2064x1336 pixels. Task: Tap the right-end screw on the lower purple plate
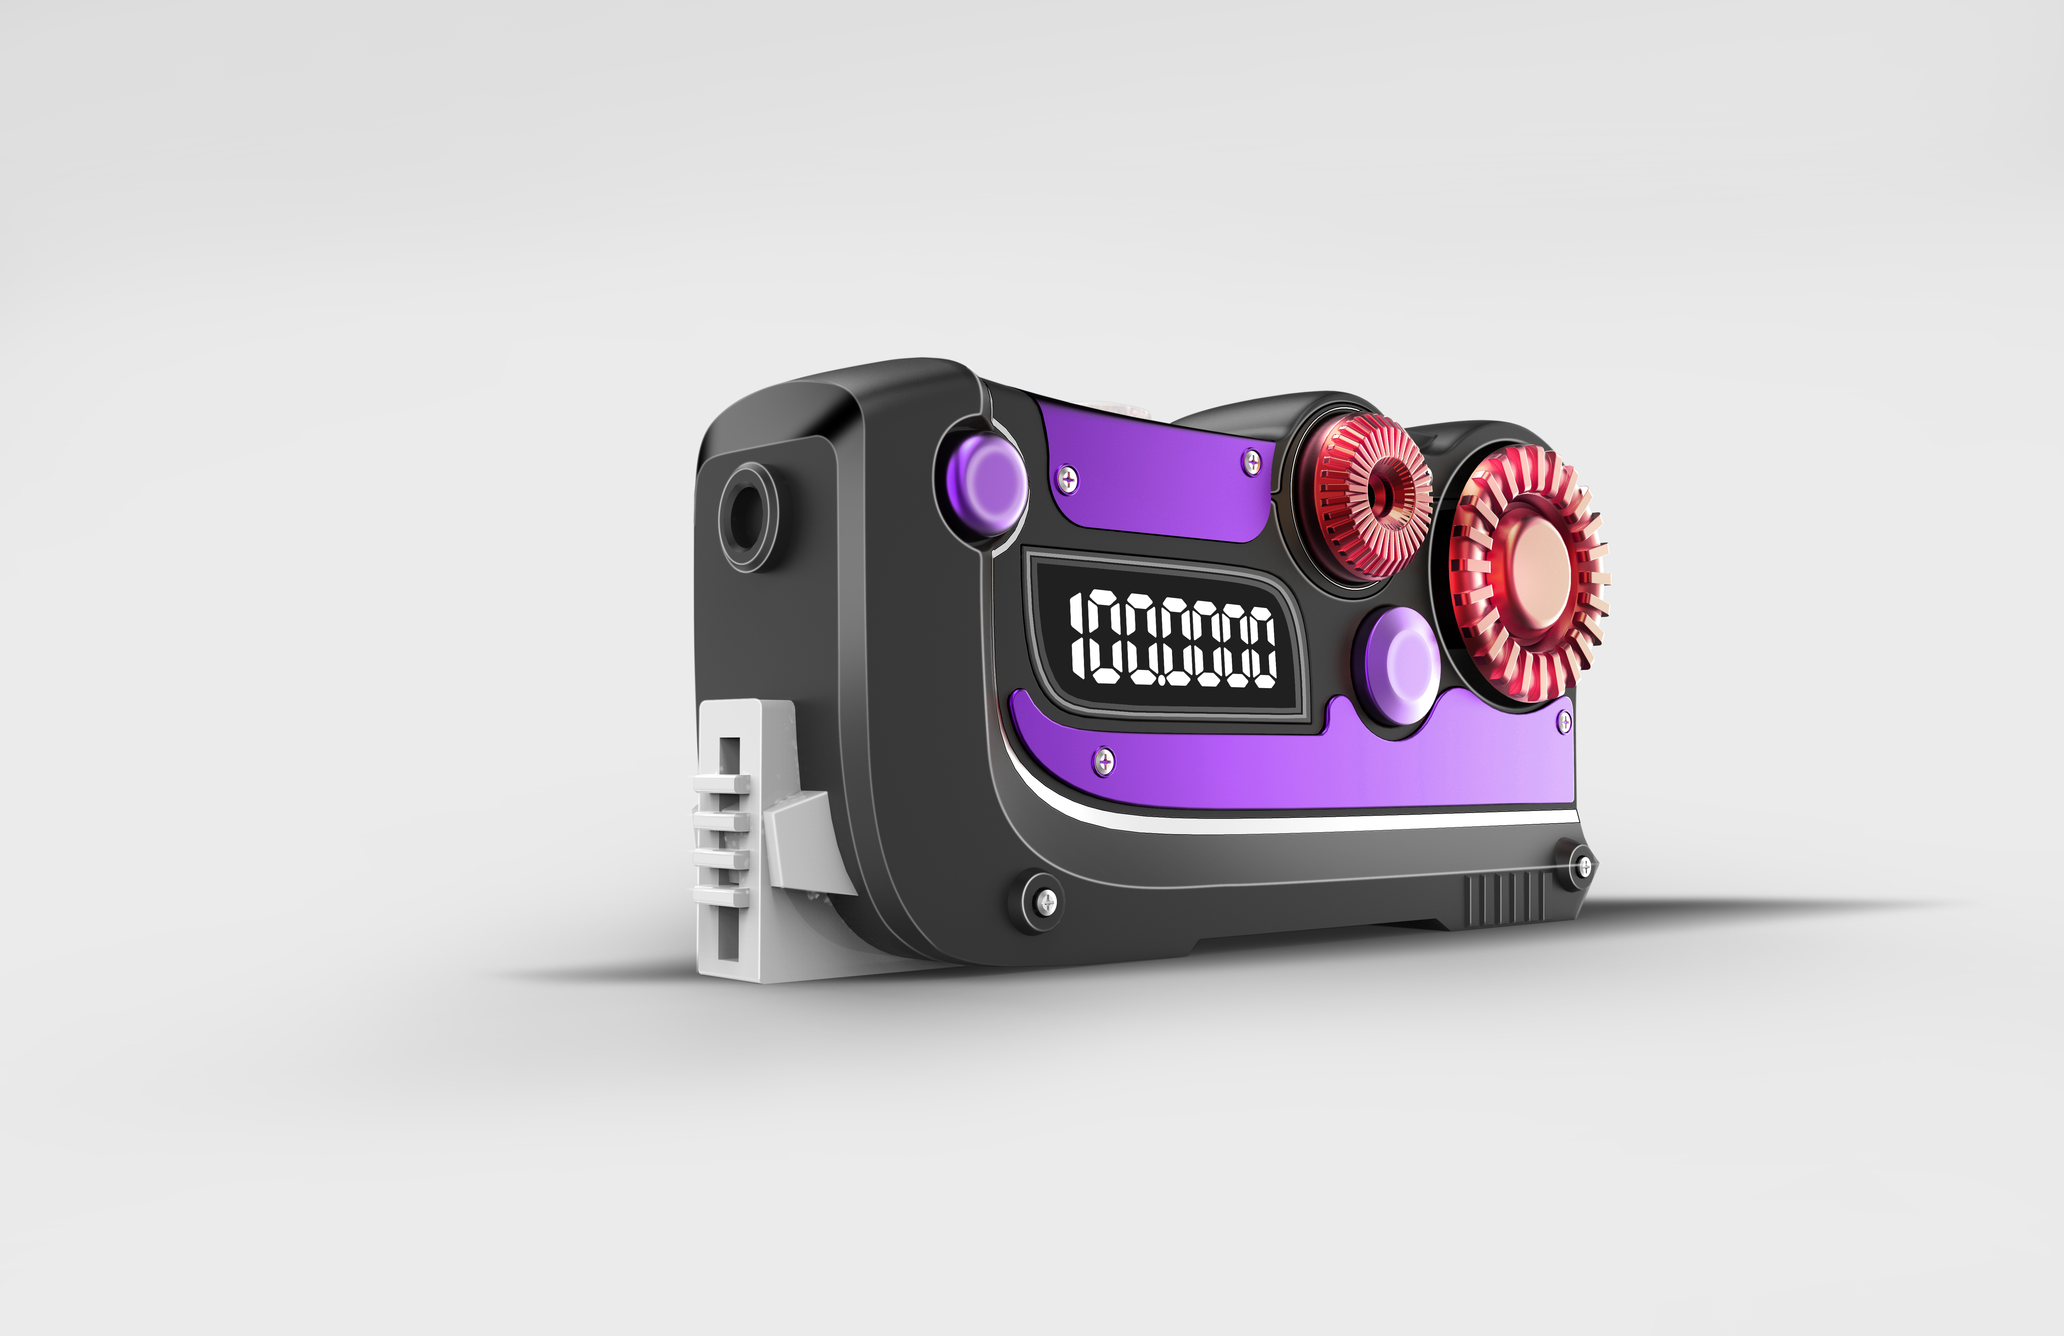click(1565, 721)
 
